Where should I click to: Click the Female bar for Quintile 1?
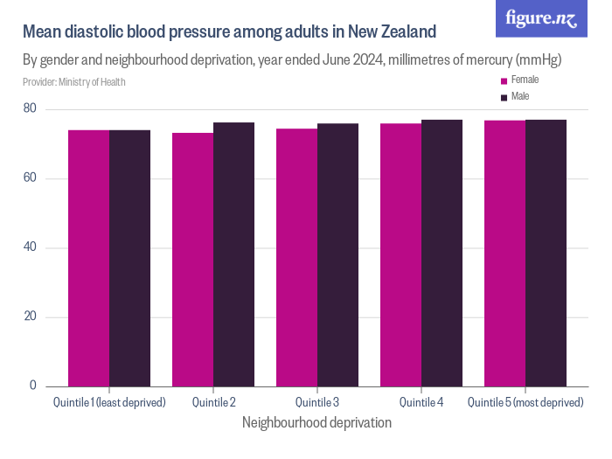point(89,258)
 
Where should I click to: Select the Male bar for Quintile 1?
point(129,258)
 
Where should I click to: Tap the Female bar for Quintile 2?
point(192,260)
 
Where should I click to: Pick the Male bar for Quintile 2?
point(233,254)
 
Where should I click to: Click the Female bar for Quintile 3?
point(296,257)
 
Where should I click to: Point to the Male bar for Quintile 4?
point(442,253)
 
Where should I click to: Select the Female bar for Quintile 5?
point(504,253)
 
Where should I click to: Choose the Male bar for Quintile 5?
point(546,253)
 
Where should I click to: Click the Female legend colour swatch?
point(504,80)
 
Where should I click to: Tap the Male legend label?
point(520,96)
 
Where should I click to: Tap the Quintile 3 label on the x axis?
point(317,402)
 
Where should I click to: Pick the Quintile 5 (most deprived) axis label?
point(525,402)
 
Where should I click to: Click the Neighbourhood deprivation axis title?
point(316,422)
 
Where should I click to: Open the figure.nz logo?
point(541,18)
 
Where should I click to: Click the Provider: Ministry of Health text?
point(74,82)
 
